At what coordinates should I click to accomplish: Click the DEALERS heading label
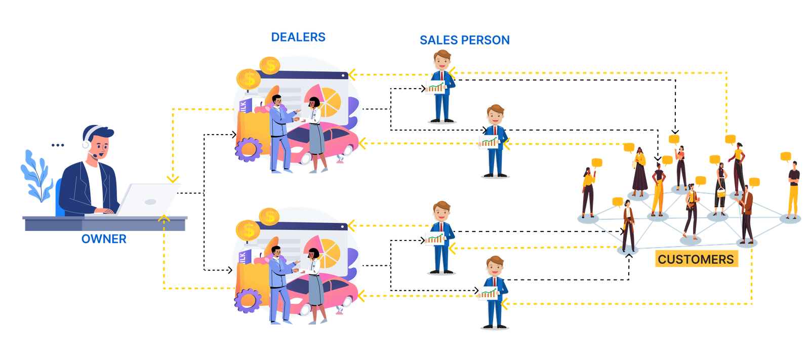tap(298, 37)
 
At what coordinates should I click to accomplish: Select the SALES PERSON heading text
tap(465, 40)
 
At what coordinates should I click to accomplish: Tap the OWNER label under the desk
tap(104, 239)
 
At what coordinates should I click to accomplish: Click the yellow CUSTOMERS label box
tap(696, 259)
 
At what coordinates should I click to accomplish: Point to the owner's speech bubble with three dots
tap(57, 145)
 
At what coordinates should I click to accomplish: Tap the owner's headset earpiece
tap(86, 146)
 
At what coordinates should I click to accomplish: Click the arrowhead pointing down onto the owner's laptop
tap(173, 178)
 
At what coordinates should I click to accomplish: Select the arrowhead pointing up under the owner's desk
tap(164, 219)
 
